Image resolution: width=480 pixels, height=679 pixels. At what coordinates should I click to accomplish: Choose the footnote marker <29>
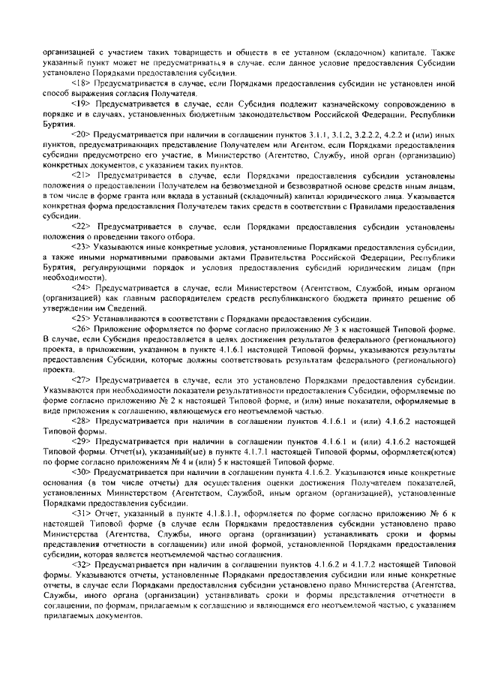(x=80, y=442)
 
